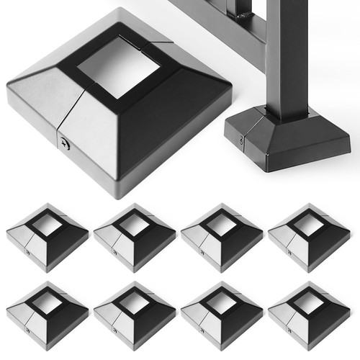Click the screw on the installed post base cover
click(x=240, y=141)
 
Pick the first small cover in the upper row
click(x=47, y=238)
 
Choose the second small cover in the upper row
click(x=135, y=238)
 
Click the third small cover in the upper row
click(x=222, y=238)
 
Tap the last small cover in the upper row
click(x=309, y=238)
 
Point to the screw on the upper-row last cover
click(x=289, y=253)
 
